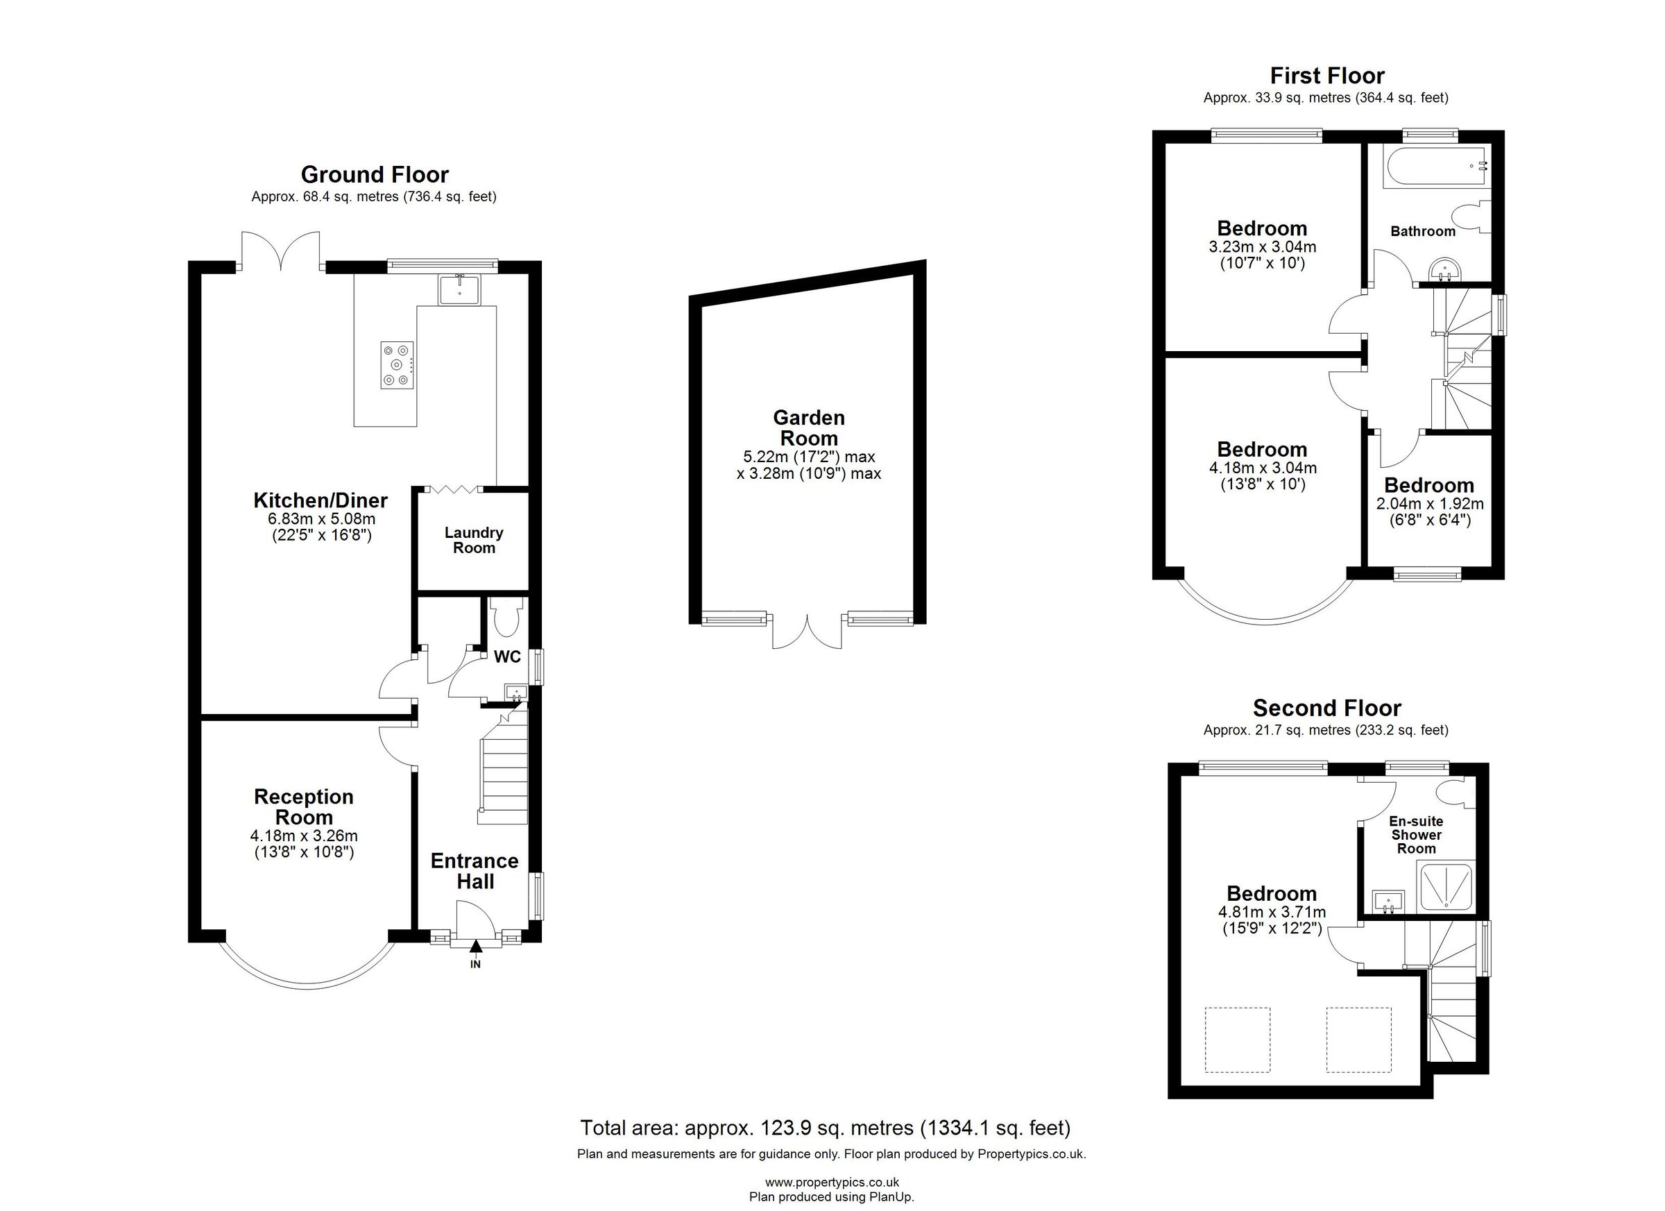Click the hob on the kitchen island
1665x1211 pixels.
(396, 365)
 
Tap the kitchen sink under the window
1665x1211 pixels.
(459, 289)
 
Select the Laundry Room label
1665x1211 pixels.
(474, 541)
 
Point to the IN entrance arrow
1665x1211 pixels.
(475, 949)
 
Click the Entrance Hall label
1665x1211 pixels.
(475, 871)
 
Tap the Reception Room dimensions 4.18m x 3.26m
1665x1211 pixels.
(303, 836)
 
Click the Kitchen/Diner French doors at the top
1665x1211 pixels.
(280, 251)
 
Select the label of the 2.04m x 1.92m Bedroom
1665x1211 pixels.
(1428, 485)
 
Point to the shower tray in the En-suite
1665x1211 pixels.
(1446, 888)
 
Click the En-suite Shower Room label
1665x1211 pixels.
(1415, 835)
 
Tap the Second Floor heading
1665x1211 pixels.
(1326, 708)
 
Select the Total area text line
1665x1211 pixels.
(825, 1127)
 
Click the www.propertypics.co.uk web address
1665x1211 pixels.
(832, 1183)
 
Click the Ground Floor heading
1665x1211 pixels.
(375, 175)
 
